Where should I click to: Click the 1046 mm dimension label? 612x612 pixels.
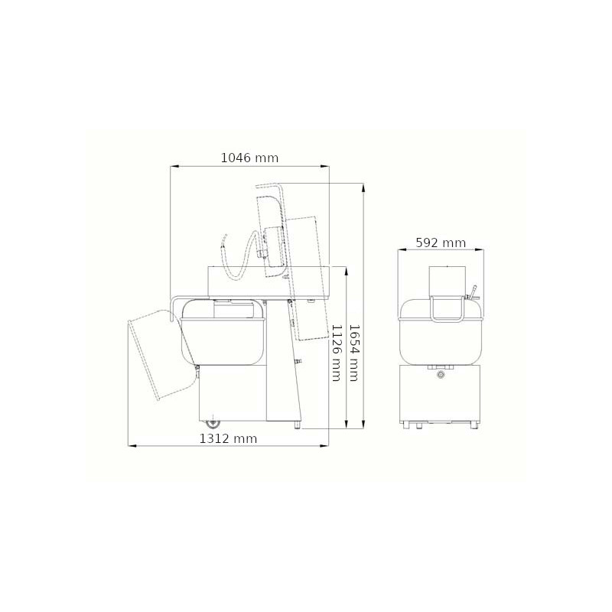coord(250,158)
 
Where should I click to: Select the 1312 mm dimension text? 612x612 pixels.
coord(228,438)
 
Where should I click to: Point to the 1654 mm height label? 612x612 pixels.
coord(353,353)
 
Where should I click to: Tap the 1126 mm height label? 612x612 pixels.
coord(337,353)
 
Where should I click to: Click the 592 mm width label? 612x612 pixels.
coord(441,243)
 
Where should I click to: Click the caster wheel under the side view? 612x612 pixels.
coord(213,423)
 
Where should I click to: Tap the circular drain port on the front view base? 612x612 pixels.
coord(441,375)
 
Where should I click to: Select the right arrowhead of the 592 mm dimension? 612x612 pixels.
coord(480,250)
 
